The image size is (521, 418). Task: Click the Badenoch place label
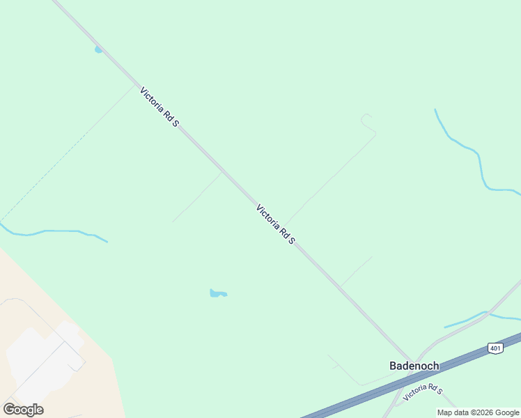(x=414, y=366)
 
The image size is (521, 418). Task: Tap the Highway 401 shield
(x=495, y=348)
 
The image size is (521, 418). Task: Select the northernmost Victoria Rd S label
(x=160, y=107)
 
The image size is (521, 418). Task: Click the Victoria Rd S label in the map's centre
(x=276, y=224)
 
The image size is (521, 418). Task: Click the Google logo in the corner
(x=23, y=409)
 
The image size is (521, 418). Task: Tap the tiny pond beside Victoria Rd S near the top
(x=98, y=49)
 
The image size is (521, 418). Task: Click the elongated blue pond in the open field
(x=218, y=293)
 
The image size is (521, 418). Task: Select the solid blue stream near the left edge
(x=56, y=231)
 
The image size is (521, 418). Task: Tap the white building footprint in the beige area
(x=42, y=355)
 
